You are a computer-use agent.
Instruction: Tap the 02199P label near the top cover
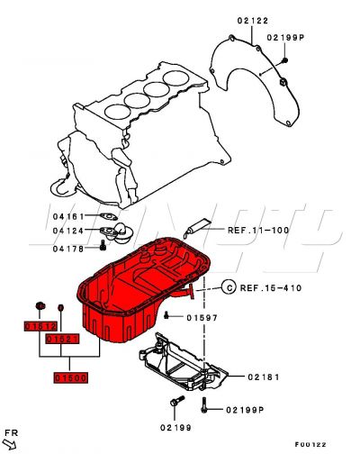click(286, 38)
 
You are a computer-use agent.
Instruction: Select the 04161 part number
click(68, 216)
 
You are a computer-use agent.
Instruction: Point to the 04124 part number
click(68, 232)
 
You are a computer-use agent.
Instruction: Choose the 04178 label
click(68, 249)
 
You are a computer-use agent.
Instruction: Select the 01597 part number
click(203, 317)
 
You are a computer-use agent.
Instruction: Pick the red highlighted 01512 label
click(40, 326)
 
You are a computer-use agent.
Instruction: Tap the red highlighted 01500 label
click(70, 378)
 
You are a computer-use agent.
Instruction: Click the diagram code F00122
click(310, 444)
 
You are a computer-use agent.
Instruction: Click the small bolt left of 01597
click(169, 313)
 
